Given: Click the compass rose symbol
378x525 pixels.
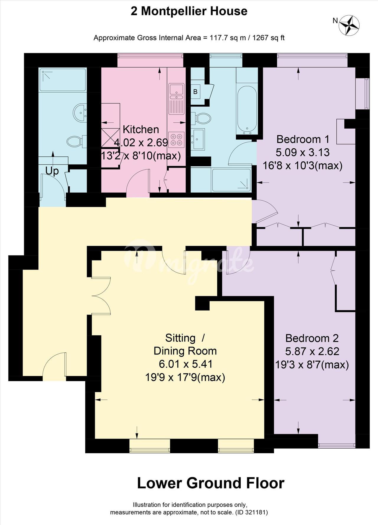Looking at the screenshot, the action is click(349, 25).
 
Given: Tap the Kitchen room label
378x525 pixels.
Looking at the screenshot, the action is click(141, 129).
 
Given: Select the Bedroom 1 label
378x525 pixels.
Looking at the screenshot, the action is click(303, 139).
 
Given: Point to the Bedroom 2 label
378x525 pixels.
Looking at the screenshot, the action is click(312, 338).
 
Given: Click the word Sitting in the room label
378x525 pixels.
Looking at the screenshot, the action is click(180, 338).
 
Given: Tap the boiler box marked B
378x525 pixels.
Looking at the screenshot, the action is click(195, 92).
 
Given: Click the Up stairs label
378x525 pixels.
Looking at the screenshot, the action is click(52, 171).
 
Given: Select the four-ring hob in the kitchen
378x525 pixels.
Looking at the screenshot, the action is click(176, 140).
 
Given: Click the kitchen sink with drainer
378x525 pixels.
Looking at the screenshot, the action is click(176, 99).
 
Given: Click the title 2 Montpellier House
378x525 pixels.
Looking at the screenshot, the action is click(189, 11).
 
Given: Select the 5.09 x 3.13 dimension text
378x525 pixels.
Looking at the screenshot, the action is click(303, 152).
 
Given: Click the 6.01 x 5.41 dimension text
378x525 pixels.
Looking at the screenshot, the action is click(186, 364).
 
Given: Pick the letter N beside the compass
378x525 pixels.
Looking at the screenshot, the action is click(335, 21).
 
